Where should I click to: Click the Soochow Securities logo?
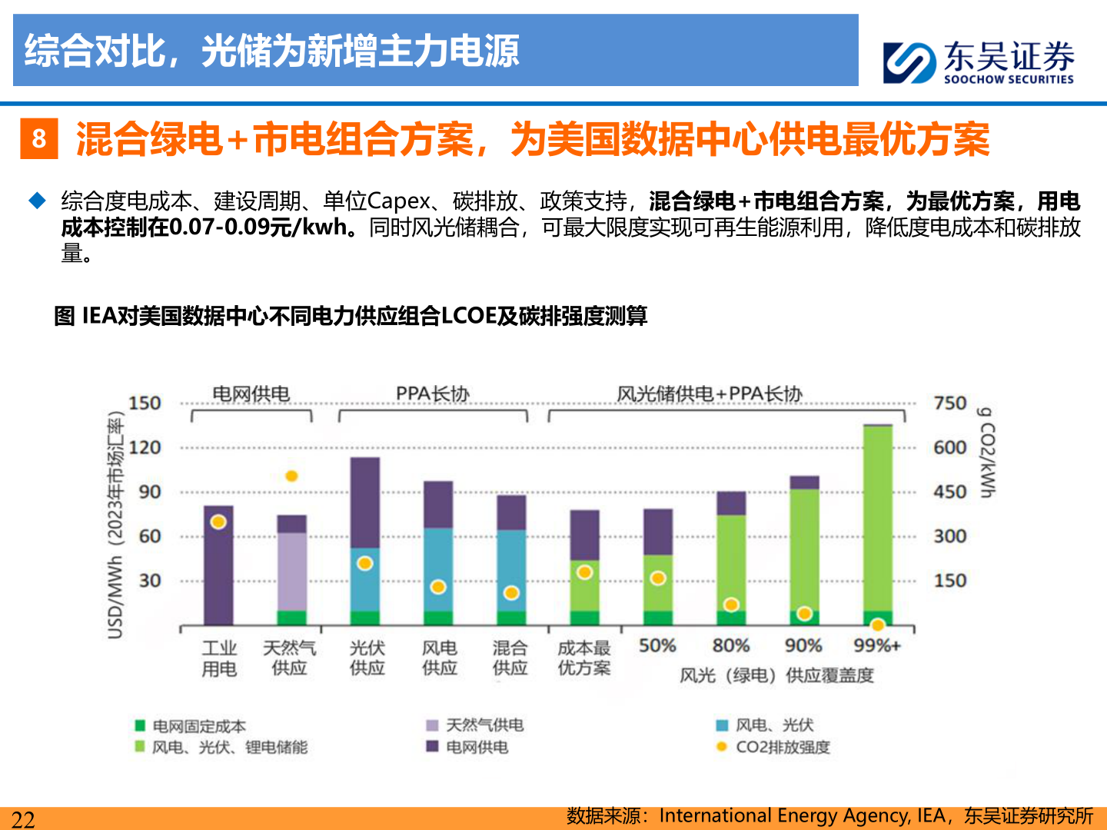pyautogui.click(x=978, y=61)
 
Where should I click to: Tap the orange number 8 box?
pyautogui.click(x=38, y=139)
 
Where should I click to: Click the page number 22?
pyautogui.click(x=23, y=819)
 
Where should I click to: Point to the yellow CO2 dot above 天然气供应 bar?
pyautogui.click(x=291, y=476)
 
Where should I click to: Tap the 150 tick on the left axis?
pyautogui.click(x=145, y=403)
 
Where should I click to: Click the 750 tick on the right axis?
pyautogui.click(x=949, y=403)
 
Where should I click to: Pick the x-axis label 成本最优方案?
pyautogui.click(x=584, y=659)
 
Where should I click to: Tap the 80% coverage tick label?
pyautogui.click(x=730, y=646)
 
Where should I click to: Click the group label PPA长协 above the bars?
pyautogui.click(x=432, y=394)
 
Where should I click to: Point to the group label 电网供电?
pyautogui.click(x=251, y=394)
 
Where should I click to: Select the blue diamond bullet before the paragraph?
pyautogui.click(x=38, y=201)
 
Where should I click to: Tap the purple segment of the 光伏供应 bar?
pyautogui.click(x=365, y=503)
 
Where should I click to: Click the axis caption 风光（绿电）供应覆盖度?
pyautogui.click(x=776, y=676)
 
